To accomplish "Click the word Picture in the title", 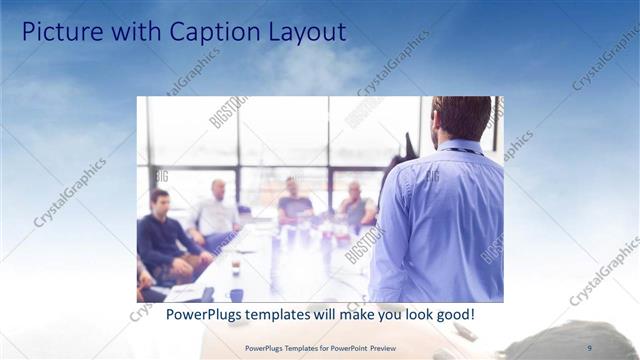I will tap(60, 32).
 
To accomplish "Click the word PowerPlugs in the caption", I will tap(200, 314).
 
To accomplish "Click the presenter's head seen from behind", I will tap(461, 117).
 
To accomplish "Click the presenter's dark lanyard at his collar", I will tap(461, 151).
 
